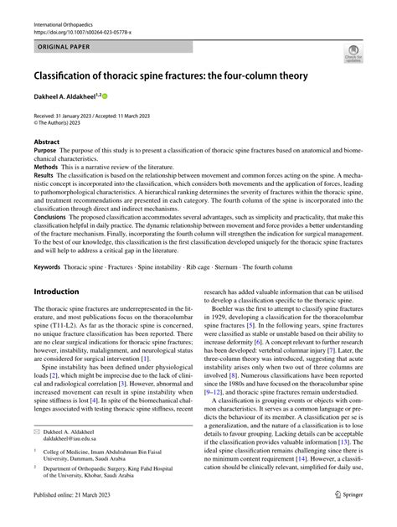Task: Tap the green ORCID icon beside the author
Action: (106, 96)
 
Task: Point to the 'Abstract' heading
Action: (46, 142)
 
